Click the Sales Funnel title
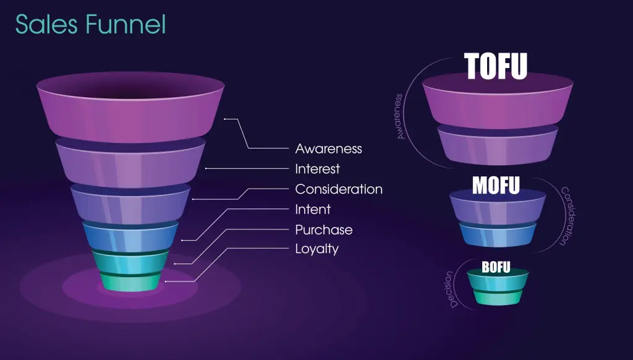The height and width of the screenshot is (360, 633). (90, 24)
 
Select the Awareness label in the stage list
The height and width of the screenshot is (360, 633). (328, 148)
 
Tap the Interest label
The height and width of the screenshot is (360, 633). (317, 169)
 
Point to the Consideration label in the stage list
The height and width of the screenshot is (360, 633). (339, 189)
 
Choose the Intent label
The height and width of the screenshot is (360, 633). (313, 209)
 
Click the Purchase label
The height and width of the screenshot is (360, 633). (324, 230)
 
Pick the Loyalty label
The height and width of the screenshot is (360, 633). (317, 249)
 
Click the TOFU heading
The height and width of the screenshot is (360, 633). (496, 66)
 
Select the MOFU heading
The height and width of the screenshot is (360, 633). (496, 186)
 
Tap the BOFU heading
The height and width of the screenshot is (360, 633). (496, 267)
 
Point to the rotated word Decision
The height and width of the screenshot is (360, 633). (451, 289)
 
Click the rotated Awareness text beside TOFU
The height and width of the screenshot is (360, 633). (399, 116)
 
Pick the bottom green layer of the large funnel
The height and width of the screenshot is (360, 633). (130, 282)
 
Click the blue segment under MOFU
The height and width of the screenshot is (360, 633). (498, 235)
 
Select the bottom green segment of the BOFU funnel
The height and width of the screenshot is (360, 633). (498, 298)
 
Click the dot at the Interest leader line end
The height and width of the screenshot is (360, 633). (206, 168)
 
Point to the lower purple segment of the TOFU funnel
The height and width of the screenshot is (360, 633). (498, 145)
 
